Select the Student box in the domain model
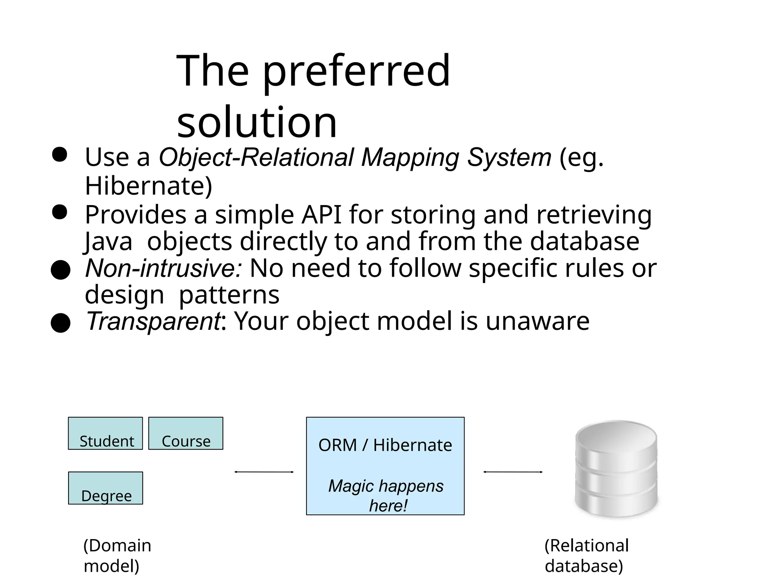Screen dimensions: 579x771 [x=105, y=433]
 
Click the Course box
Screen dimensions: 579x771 [x=186, y=433]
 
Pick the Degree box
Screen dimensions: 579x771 [x=105, y=488]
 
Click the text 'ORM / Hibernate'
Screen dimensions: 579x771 [x=385, y=445]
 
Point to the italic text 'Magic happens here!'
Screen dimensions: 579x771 [x=386, y=495]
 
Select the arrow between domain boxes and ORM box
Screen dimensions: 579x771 [x=264, y=472]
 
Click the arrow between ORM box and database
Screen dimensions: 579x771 [x=513, y=472]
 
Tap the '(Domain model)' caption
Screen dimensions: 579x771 [x=117, y=556]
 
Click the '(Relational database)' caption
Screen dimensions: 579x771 [x=587, y=556]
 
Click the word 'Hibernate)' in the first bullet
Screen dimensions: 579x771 [x=149, y=186]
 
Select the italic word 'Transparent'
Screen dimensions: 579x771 [x=153, y=321]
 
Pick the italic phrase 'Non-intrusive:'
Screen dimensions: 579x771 [x=164, y=268]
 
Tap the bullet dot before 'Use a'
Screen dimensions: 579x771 [x=59, y=155]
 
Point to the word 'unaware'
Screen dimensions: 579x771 [x=537, y=321]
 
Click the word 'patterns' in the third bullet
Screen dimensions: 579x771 [x=229, y=295]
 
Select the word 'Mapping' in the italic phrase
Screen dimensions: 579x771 [x=410, y=157]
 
